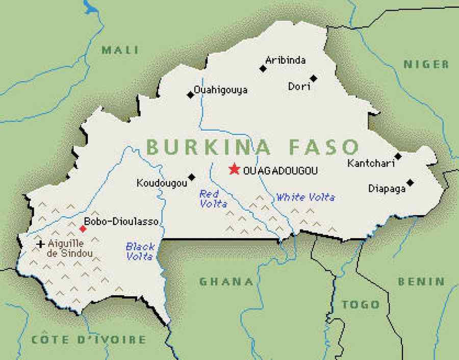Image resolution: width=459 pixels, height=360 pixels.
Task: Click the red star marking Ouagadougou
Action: point(234,169)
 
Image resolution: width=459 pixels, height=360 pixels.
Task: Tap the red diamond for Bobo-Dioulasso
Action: point(83,229)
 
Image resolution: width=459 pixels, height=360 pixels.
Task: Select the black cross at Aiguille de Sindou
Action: point(40,244)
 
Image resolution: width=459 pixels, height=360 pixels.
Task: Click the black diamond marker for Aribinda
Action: point(263,68)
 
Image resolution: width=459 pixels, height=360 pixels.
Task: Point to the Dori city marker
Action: point(314,78)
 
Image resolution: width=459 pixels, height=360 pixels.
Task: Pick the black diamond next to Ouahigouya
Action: point(190,94)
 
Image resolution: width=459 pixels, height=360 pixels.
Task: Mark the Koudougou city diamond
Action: point(192,177)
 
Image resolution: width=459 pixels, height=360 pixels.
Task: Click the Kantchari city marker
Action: point(398,156)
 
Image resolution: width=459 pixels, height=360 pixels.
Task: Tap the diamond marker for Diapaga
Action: point(410,183)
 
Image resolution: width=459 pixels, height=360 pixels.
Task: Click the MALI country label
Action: point(120,50)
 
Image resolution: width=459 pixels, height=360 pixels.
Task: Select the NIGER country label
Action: point(426,64)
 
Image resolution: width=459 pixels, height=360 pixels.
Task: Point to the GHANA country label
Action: point(226,281)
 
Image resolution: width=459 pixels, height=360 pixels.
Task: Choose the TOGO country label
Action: point(361,305)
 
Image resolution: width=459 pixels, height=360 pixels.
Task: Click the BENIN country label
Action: point(421,281)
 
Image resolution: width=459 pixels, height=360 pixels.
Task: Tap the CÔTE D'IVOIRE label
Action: point(89,340)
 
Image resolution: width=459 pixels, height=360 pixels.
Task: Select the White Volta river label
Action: point(305,197)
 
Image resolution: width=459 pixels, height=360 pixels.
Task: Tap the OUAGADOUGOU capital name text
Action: point(280,171)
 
